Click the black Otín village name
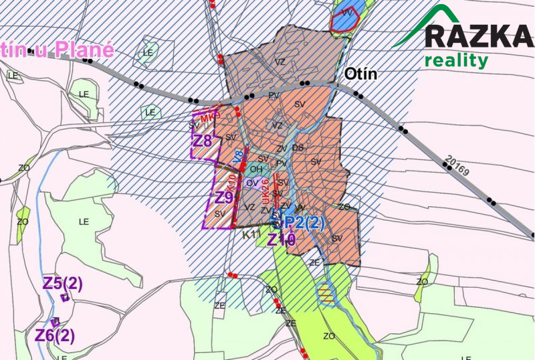pos(361,74)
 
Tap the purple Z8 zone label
pos(203,141)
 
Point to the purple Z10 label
pos(282,240)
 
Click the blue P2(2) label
pos(304,223)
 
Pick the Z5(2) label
pos(63,283)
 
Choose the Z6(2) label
pos(56,335)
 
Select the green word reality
pos(456,62)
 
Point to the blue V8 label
pos(236,157)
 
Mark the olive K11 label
pos(251,236)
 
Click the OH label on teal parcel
pos(255,169)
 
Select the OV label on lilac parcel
pos(252,183)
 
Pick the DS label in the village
pos(298,147)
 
